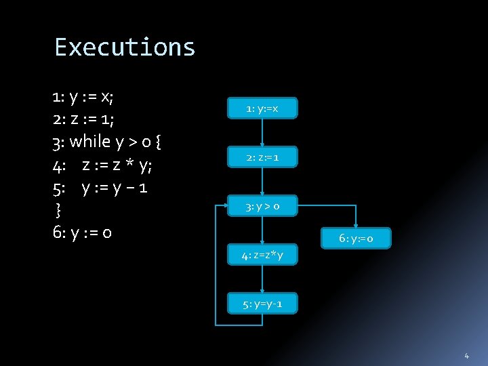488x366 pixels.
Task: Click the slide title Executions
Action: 125,47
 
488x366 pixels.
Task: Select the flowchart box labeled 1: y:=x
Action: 262,108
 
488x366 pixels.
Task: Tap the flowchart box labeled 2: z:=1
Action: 262,158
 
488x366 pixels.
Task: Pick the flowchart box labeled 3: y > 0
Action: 262,206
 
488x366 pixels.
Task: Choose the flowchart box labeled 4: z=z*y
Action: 262,255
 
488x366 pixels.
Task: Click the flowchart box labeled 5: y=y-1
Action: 262,304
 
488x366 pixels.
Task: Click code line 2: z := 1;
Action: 83,119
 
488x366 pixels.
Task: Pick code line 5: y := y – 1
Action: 100,187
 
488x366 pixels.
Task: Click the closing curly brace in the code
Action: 58,209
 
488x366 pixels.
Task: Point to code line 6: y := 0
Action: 82,232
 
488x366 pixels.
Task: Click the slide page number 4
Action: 466,355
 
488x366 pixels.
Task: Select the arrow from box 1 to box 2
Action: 262,133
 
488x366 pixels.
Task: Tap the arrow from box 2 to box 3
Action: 262,182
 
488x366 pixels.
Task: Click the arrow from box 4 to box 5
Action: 262,279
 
